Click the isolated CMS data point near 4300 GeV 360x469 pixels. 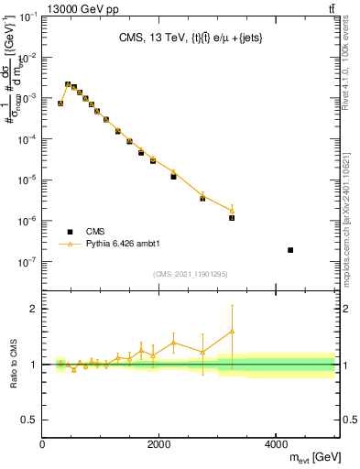[290, 250]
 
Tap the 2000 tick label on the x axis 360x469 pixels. [159, 444]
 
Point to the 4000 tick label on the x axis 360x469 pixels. [276, 444]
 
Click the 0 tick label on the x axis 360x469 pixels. [43, 444]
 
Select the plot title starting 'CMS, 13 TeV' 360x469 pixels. [189, 38]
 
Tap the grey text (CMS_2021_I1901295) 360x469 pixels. [189, 274]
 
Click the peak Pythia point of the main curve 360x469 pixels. [68, 83]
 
